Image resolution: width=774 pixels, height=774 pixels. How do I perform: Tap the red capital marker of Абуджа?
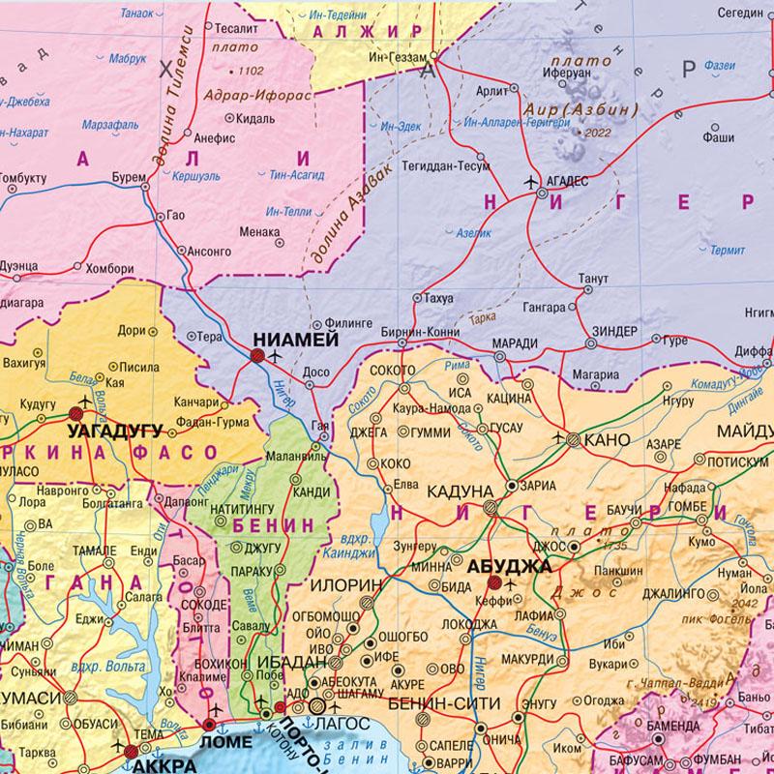pos(494,582)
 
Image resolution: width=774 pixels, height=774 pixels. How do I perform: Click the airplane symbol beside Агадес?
pos(531,181)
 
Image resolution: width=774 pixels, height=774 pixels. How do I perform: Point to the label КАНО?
pos(610,440)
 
